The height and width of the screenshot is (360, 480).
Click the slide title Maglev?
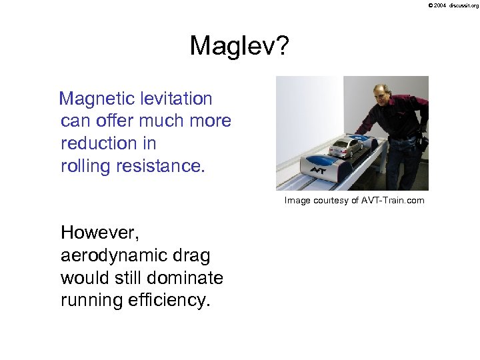pyautogui.click(x=239, y=46)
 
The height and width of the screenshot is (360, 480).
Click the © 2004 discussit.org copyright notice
pyautogui.click(x=453, y=5)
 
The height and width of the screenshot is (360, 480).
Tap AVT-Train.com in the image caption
pyautogui.click(x=393, y=200)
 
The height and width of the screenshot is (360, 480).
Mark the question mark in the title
pyautogui.click(x=282, y=46)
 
